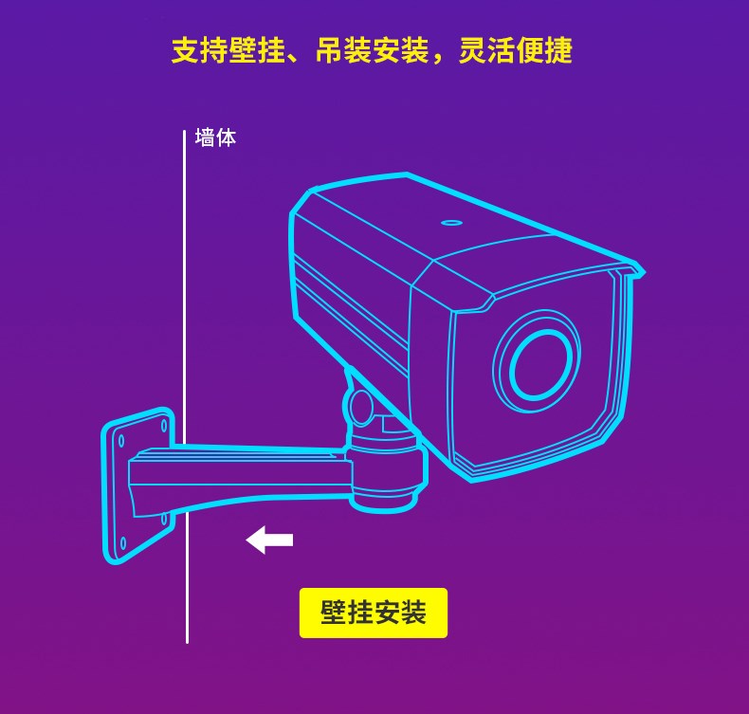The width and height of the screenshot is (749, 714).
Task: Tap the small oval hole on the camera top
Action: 452,223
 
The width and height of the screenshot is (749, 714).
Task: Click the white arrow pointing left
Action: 269,540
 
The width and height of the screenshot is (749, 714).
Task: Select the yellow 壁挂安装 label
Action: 373,613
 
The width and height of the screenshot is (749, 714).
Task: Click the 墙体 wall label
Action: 215,137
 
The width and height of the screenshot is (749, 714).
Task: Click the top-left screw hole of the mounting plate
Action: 121,440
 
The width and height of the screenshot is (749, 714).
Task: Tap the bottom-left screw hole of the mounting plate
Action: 121,542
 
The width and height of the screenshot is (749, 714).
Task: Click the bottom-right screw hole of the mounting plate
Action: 164,519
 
